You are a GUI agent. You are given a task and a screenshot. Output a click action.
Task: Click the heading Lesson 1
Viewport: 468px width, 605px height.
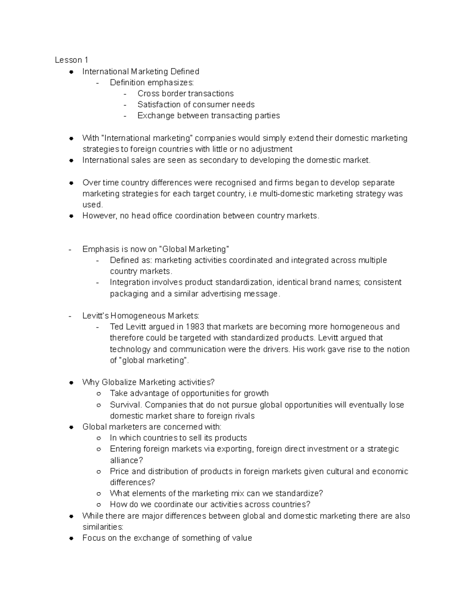pos(71,60)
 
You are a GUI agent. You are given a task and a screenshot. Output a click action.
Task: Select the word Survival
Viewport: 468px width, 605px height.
pos(126,405)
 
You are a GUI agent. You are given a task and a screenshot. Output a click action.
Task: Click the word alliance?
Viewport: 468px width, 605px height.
pos(126,460)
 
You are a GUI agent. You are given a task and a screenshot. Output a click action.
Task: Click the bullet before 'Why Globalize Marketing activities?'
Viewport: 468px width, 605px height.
pos(71,383)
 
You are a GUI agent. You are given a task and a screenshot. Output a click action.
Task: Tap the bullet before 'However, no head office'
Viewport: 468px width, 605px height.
pos(71,216)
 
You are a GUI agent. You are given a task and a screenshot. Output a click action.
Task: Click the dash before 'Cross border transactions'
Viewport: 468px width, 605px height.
pos(125,94)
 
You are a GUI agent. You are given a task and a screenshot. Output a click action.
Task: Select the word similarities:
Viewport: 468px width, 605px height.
pos(103,527)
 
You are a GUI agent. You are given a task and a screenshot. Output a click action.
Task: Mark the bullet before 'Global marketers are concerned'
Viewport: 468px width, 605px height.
pos(71,427)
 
